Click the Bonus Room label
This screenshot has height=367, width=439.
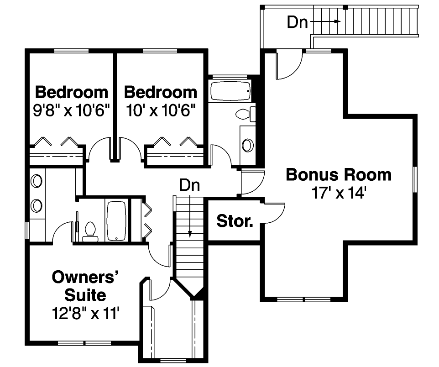tap(338, 175)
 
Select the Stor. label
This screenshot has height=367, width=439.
tap(235, 221)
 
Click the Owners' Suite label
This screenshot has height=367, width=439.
tap(85, 286)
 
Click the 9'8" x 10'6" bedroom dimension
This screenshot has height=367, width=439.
tap(72, 111)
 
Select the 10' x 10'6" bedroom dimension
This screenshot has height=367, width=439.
tap(160, 111)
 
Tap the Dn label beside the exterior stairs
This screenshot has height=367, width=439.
tap(297, 22)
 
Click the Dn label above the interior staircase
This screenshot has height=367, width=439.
tap(189, 185)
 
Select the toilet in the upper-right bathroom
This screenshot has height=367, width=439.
tap(245, 114)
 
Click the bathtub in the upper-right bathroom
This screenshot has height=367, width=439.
tap(230, 91)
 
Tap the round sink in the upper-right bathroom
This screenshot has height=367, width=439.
tap(247, 145)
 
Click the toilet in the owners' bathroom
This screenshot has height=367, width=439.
tap(90, 231)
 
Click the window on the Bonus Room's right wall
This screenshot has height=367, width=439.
tap(415, 179)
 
